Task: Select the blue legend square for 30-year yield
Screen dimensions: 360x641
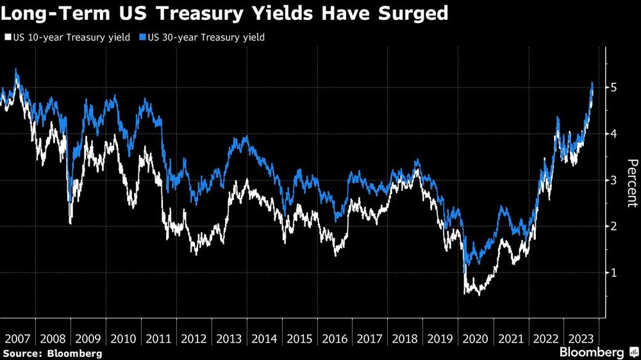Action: coord(142,38)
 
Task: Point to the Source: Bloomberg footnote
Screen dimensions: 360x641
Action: coord(51,353)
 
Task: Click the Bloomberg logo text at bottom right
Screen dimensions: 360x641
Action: coord(592,352)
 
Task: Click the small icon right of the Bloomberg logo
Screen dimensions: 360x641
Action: coord(633,353)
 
